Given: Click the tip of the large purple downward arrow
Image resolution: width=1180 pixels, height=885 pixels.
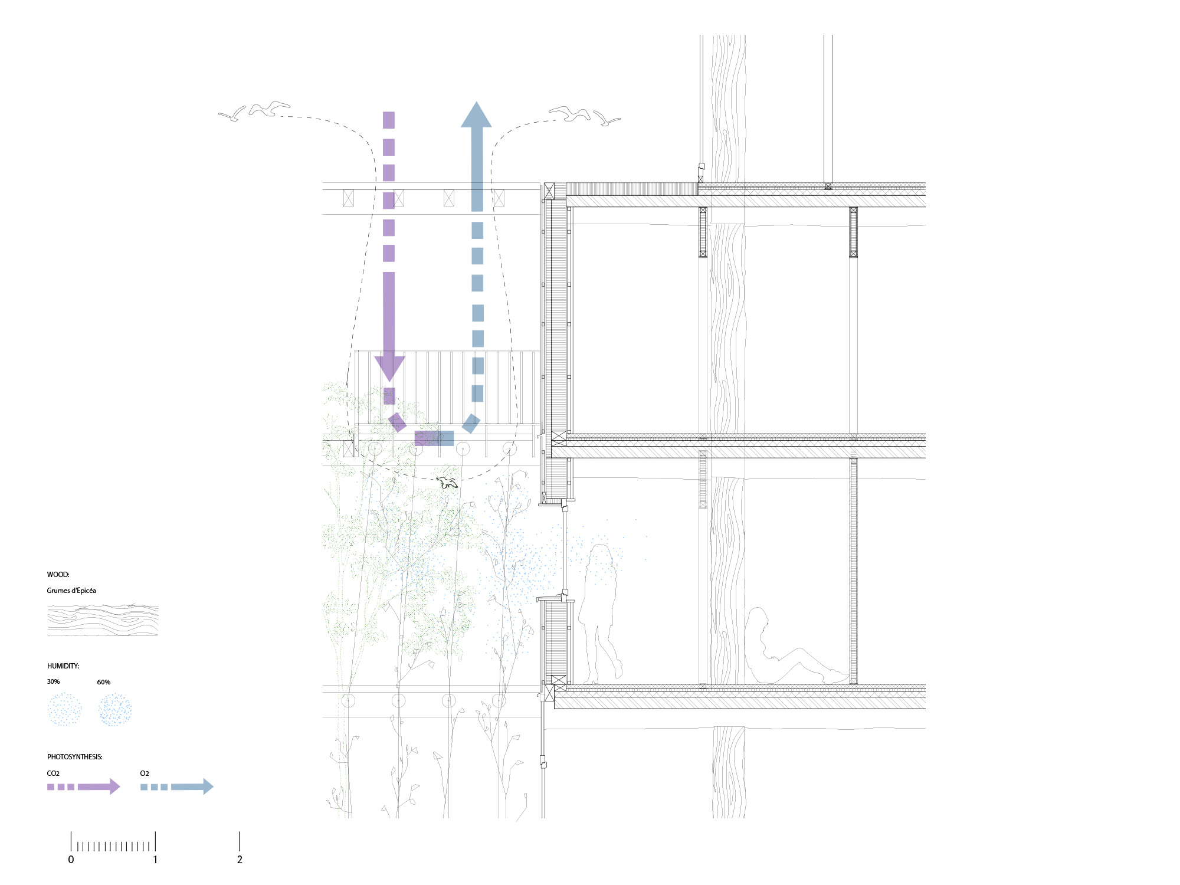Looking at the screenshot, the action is (x=389, y=382).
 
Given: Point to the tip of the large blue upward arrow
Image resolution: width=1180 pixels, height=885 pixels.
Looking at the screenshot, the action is (x=476, y=101).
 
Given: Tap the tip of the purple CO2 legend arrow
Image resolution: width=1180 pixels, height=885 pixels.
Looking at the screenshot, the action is (x=120, y=786).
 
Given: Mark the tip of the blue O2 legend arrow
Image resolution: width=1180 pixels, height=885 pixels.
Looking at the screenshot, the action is (x=214, y=786).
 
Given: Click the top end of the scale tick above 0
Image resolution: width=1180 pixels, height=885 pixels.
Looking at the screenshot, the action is (x=71, y=832).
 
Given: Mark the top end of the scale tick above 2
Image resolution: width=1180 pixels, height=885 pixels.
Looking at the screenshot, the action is (x=240, y=832).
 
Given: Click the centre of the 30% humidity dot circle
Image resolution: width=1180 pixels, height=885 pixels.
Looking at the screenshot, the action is (x=64, y=709).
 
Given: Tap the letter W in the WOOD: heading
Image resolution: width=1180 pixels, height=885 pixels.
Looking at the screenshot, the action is (x=50, y=574).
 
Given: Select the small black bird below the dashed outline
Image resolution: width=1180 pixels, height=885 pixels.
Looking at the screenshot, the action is (x=448, y=482).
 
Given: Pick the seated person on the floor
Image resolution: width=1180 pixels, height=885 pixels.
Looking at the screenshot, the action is (x=791, y=649).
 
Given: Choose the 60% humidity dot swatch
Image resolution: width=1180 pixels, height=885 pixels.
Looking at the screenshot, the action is (x=115, y=709).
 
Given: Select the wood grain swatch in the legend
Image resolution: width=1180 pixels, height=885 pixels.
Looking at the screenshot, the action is (x=103, y=619).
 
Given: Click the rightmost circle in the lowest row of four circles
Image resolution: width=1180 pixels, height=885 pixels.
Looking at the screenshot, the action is (x=499, y=700).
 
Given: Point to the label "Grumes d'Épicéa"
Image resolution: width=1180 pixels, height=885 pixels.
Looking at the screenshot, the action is (x=71, y=591).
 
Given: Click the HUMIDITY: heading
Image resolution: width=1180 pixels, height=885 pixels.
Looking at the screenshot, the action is (x=63, y=666).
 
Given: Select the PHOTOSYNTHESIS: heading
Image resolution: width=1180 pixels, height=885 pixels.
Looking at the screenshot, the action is (x=75, y=757).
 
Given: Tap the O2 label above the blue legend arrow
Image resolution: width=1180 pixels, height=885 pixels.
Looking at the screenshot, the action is (x=145, y=773).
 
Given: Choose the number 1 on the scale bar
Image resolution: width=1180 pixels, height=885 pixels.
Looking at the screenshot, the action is (x=155, y=860).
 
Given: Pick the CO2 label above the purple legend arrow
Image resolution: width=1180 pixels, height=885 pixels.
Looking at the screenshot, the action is (x=53, y=773).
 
